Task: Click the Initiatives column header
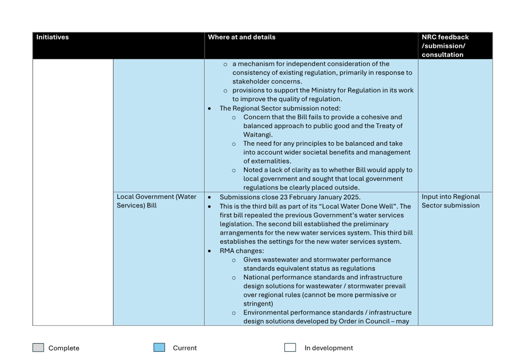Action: click(52, 37)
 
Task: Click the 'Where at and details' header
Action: click(241, 37)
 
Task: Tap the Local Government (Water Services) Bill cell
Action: click(156, 201)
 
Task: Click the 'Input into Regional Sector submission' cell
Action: click(450, 201)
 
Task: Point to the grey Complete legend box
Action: click(38, 348)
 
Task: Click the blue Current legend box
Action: click(159, 348)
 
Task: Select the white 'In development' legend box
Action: click(290, 348)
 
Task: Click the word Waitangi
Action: click(258, 135)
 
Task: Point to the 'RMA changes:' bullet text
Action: click(241, 251)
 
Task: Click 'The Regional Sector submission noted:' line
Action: click(280, 109)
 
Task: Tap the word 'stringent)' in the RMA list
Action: click(258, 303)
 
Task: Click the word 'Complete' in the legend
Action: click(64, 348)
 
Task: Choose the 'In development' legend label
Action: click(328, 348)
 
